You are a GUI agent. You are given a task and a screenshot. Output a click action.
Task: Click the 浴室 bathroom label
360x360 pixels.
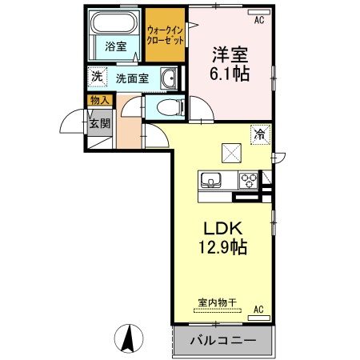[116, 46]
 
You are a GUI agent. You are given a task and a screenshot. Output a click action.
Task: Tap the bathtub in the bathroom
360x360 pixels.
[114, 22]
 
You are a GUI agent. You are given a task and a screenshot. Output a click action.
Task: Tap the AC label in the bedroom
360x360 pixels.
[258, 20]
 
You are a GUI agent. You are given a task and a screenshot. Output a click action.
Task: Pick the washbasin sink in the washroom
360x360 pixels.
[168, 78]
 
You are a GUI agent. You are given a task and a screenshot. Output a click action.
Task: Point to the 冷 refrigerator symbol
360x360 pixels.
[260, 134]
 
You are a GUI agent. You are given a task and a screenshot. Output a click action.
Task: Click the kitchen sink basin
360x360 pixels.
[212, 179]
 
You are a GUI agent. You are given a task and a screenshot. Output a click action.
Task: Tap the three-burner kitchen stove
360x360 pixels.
[249, 179]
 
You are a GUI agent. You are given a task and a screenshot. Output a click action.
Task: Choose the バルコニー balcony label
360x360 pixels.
[222, 341]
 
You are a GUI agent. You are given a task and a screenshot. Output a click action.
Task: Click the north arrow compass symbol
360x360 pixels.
[129, 338]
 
